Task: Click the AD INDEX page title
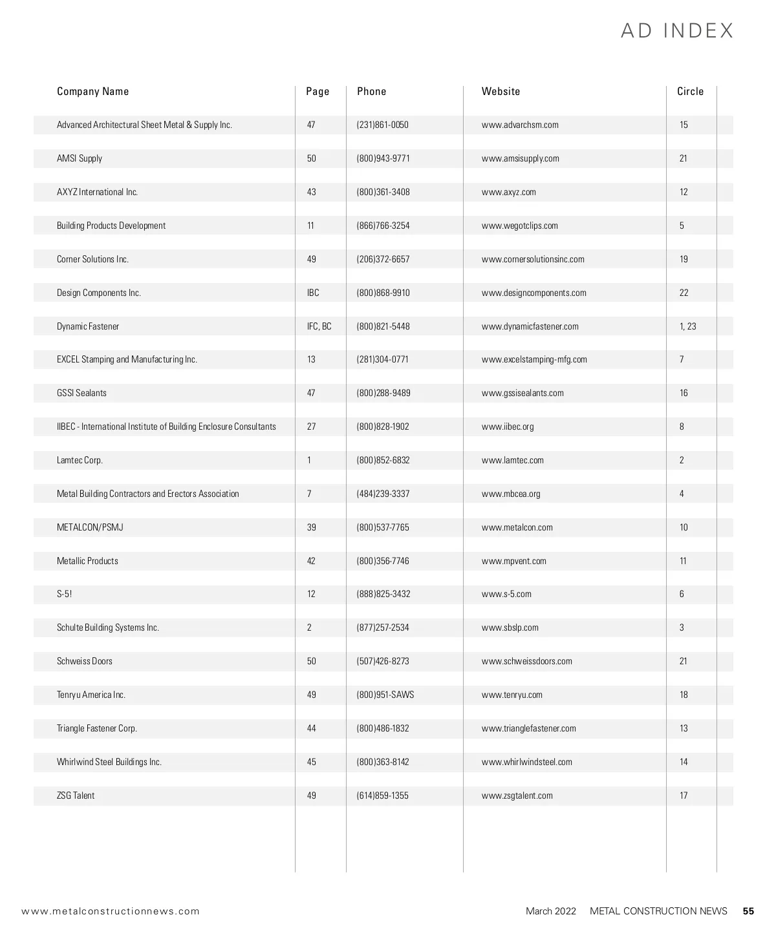[x=677, y=31]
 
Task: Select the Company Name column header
[x=92, y=91]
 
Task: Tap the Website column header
[x=501, y=91]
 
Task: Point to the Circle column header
[x=690, y=91]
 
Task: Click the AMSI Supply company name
[x=80, y=158]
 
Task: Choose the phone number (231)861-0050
[x=382, y=125]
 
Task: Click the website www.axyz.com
[x=508, y=192]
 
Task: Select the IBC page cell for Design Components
[x=313, y=293]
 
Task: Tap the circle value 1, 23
[x=687, y=326]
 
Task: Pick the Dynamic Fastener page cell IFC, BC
[x=319, y=326]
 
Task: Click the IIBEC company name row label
[x=166, y=426]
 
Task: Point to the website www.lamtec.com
[x=512, y=460]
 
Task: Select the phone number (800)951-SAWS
[x=385, y=695]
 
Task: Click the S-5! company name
[x=65, y=594]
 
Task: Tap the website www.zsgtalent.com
[x=517, y=795]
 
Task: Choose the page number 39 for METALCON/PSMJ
[x=312, y=527]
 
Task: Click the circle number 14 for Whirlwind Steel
[x=684, y=762]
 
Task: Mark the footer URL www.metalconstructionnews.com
[x=111, y=911]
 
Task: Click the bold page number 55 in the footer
[x=748, y=911]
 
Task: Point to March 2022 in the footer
[x=550, y=911]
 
